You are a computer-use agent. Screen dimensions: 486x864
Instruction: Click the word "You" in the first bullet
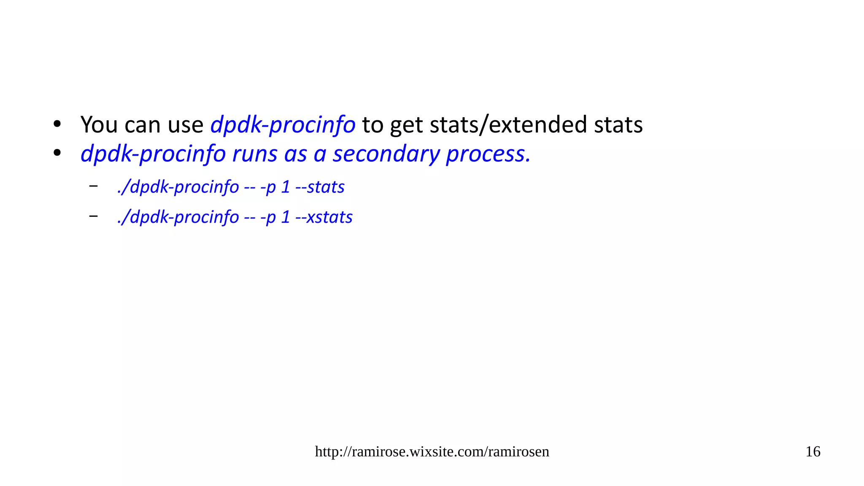click(99, 125)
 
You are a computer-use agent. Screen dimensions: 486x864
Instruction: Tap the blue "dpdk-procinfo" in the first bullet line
click(283, 125)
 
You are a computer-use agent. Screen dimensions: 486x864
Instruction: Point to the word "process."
click(488, 154)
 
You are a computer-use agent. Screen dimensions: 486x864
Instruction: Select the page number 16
click(813, 452)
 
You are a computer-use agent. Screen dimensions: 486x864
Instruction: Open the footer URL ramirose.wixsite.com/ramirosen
click(432, 452)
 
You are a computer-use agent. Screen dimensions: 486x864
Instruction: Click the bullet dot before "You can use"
click(57, 124)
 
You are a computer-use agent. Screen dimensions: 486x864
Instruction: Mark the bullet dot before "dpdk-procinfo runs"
click(57, 154)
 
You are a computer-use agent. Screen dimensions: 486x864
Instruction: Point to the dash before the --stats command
click(93, 186)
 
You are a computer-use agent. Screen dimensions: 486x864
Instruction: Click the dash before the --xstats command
click(93, 216)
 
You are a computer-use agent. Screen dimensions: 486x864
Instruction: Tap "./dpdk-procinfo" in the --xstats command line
click(178, 217)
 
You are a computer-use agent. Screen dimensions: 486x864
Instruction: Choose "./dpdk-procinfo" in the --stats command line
click(178, 187)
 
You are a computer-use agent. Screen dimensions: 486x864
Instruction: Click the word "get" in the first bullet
click(406, 126)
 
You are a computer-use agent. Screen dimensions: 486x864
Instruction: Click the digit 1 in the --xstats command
click(286, 217)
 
